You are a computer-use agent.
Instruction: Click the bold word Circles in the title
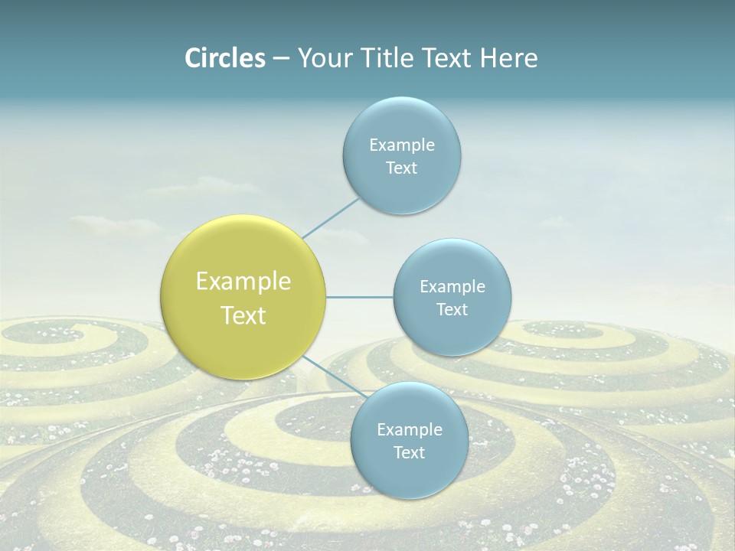coord(224,58)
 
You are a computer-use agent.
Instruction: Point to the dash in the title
coord(280,60)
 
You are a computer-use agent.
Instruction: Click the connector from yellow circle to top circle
coord(331,218)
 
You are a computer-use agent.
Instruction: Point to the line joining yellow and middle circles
coord(359,297)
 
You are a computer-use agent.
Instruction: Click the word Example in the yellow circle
coord(243,282)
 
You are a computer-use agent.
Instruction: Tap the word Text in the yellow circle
coord(243,315)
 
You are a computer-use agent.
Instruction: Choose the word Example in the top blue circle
coord(402,145)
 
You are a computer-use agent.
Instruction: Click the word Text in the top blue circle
coord(401,168)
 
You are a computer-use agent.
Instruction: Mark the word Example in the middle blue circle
coord(452,287)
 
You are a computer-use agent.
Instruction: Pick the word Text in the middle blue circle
coord(452,310)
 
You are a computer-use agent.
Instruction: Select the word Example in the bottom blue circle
coord(410,430)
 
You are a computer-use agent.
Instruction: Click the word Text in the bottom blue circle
coord(409,453)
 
